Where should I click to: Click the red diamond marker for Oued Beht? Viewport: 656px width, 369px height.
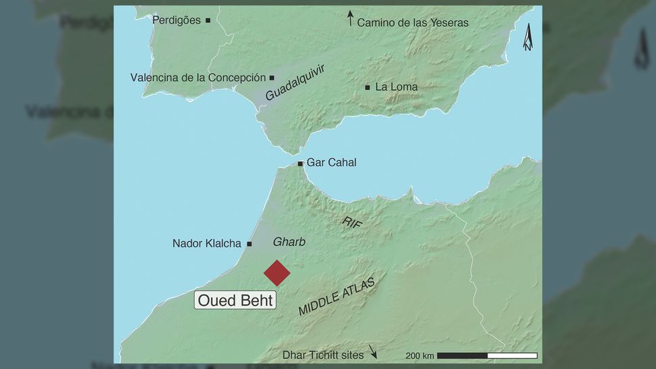point(277,273)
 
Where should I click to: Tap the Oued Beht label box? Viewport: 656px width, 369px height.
point(235,300)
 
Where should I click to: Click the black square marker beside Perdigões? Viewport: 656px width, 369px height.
point(208,20)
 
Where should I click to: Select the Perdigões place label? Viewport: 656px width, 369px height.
point(177,20)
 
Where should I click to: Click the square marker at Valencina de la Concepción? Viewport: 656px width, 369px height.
point(272,78)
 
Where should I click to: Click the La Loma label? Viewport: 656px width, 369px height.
point(396,87)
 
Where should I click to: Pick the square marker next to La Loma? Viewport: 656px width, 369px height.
point(367,87)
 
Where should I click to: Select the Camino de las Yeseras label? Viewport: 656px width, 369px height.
point(413,22)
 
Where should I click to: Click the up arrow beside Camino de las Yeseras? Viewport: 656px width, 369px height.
point(350,18)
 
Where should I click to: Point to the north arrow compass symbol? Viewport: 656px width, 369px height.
point(527,37)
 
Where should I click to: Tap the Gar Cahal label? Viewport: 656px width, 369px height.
point(331,163)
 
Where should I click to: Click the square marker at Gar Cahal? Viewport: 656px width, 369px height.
point(300,164)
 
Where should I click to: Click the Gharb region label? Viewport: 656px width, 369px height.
point(289,243)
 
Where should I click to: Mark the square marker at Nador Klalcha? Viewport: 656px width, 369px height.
point(250,243)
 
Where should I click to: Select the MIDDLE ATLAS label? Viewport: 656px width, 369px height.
point(336,297)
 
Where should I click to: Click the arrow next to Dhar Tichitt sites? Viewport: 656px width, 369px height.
point(373,353)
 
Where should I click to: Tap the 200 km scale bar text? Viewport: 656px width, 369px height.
point(419,355)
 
